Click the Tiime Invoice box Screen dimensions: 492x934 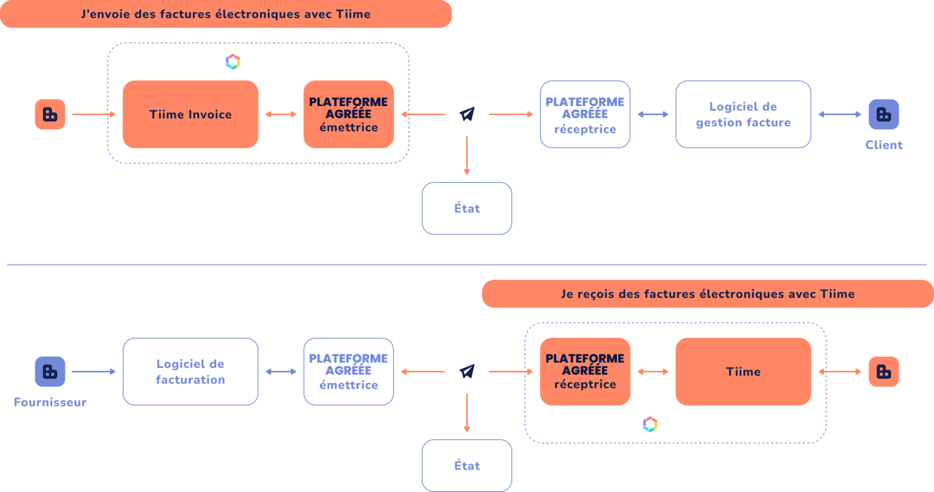click(x=190, y=114)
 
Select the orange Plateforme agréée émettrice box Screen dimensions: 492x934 click(x=348, y=114)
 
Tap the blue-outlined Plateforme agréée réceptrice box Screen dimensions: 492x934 click(x=585, y=114)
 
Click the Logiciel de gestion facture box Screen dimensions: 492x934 click(x=743, y=114)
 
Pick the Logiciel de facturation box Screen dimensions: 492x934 click(x=190, y=372)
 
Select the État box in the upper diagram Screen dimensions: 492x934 click(x=466, y=208)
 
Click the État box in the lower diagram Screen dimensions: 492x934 click(x=466, y=466)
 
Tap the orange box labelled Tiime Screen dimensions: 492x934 click(x=743, y=372)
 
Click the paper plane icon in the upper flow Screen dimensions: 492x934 click(x=467, y=114)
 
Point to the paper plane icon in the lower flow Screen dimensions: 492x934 click(x=467, y=372)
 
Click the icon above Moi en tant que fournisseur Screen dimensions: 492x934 click(x=50, y=114)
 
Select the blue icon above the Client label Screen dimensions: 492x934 click(x=884, y=114)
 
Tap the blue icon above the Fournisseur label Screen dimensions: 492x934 click(x=50, y=372)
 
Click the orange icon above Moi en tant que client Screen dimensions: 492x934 click(x=884, y=372)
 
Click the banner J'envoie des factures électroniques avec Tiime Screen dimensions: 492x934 click(x=226, y=14)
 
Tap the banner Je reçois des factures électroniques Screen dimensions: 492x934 click(x=707, y=294)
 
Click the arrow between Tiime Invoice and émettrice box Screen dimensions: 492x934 click(x=281, y=114)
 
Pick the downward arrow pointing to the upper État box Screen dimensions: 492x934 click(x=467, y=156)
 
